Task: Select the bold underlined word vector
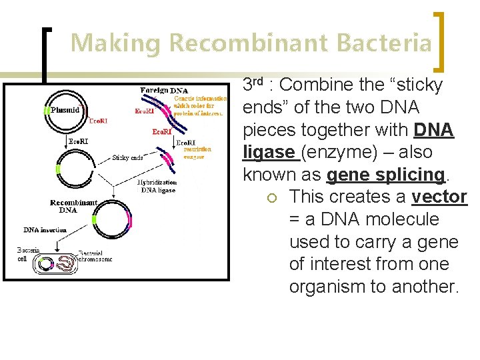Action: [439, 197]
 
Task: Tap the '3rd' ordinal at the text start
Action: [253, 85]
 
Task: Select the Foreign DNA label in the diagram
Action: [164, 90]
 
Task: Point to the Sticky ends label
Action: [127, 158]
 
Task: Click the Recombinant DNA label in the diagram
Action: [73, 206]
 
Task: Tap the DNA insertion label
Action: [45, 230]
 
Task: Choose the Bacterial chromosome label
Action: [94, 256]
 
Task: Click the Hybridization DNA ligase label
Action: [157, 186]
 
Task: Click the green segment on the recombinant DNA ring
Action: [94, 219]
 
